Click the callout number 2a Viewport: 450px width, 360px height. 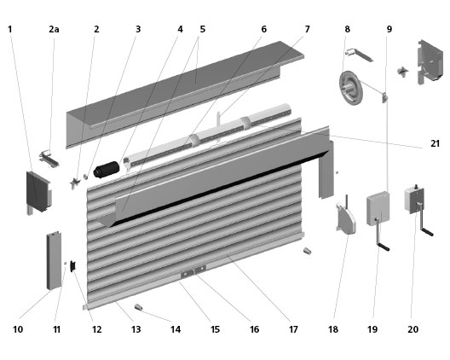[x=54, y=29]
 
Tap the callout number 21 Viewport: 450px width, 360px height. [x=435, y=143]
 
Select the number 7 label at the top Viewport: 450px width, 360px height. [x=307, y=29]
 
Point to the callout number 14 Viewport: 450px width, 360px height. [x=176, y=329]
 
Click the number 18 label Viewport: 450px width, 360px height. [x=333, y=329]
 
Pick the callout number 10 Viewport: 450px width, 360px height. [x=18, y=329]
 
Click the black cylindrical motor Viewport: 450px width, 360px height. [x=107, y=170]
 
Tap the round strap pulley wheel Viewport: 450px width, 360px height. [x=350, y=88]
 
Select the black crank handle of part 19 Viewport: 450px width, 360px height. [x=384, y=247]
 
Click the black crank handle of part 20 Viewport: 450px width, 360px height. [x=427, y=231]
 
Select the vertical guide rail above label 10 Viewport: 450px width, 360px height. [x=54, y=260]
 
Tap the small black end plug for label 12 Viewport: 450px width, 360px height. [x=73, y=266]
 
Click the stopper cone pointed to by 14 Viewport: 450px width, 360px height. [x=139, y=307]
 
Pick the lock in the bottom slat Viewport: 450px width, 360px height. [x=193, y=271]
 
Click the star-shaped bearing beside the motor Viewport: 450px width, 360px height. [x=75, y=183]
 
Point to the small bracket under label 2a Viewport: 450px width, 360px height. [x=49, y=159]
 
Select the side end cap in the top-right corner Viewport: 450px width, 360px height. [x=430, y=61]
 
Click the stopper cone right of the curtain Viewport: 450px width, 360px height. [x=308, y=251]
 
